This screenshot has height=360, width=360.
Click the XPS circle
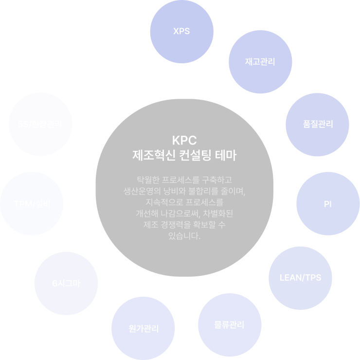click(181, 32)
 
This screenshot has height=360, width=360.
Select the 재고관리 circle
click(260, 62)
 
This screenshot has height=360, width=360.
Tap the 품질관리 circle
click(317, 124)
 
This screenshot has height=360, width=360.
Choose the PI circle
click(327, 204)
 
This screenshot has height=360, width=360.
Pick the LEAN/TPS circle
click(300, 278)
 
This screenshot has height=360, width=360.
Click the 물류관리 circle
click(230, 324)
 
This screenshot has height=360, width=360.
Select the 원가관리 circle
click(144, 328)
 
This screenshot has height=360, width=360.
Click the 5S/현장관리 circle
click(40, 124)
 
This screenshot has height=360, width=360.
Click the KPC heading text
click(184, 142)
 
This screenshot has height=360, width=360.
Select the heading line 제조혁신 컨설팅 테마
click(184, 156)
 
